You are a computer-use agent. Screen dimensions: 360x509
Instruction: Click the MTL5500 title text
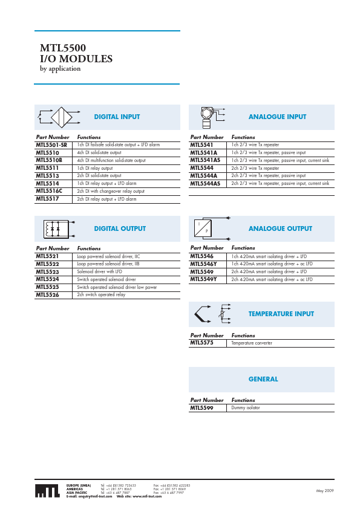[x=62, y=48]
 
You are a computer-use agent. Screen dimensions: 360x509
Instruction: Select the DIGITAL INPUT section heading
[x=117, y=117]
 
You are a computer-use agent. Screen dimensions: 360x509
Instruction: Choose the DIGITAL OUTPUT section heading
[x=120, y=229]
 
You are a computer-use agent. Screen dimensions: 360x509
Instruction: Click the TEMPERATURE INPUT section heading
[x=281, y=314]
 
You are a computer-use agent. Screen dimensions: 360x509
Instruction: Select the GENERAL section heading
[x=263, y=380]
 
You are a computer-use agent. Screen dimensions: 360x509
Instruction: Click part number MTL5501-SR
[x=51, y=145]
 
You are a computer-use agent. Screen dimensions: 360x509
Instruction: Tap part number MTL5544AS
[x=206, y=183]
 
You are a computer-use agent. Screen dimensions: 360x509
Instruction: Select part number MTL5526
[x=47, y=295]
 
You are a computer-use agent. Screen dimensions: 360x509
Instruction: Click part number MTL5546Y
[x=203, y=264]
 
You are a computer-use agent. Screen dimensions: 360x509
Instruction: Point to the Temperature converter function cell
[x=252, y=343]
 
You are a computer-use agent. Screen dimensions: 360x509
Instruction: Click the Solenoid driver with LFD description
[x=100, y=272]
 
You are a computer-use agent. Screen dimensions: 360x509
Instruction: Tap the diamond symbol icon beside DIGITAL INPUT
[x=61, y=117]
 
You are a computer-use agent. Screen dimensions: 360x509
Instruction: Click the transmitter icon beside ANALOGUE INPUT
[x=207, y=117]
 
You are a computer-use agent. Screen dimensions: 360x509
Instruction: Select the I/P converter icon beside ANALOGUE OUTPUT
[x=203, y=229]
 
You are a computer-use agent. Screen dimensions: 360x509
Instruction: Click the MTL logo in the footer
[x=47, y=491]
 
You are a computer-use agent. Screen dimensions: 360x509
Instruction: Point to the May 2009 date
[x=325, y=491]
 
